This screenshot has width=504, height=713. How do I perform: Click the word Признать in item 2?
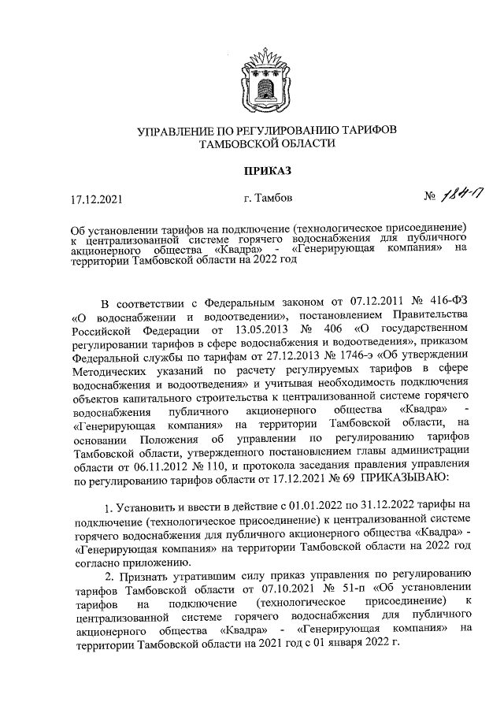coord(143,576)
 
